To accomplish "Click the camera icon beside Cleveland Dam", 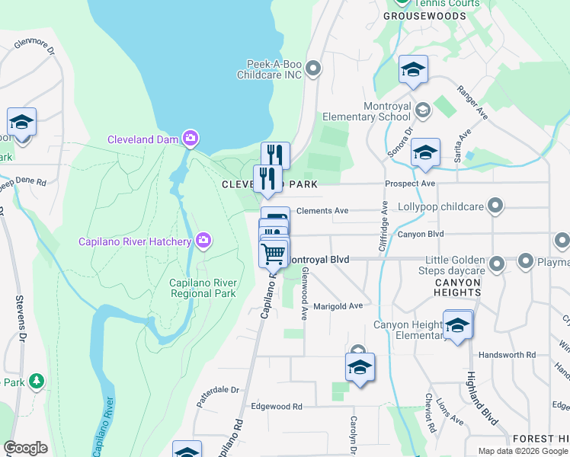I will (x=191, y=139).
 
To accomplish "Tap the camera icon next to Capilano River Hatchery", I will (x=203, y=241).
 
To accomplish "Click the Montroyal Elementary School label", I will (x=367, y=111).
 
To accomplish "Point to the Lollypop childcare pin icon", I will (x=496, y=206).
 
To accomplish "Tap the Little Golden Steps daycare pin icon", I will (x=497, y=264).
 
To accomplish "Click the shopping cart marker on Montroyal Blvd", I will (x=274, y=252).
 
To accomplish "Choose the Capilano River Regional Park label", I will (x=203, y=288).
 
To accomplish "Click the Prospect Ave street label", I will (x=410, y=184).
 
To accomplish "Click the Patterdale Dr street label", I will (x=219, y=389).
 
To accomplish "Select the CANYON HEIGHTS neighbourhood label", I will (x=458, y=287).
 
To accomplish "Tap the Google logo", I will (x=25, y=448).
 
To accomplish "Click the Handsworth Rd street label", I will (x=508, y=355).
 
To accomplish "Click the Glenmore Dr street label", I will (x=35, y=47).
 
